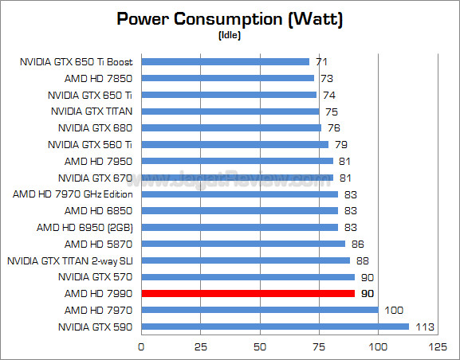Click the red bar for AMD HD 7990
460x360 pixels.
[x=248, y=293]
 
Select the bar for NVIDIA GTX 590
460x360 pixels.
[x=275, y=327]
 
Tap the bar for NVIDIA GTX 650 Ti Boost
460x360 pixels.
[x=226, y=61]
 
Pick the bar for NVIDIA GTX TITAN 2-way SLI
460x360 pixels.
[x=246, y=260]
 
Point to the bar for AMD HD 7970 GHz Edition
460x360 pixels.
[x=240, y=194]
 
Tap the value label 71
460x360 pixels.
[x=320, y=61]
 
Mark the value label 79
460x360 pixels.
[x=340, y=144]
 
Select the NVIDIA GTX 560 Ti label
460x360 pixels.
[x=90, y=144]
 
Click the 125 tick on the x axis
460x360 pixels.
[x=436, y=346]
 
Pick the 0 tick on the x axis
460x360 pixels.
[x=142, y=346]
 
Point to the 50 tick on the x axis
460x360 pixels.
[x=260, y=346]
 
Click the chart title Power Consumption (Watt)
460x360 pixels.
[x=230, y=19]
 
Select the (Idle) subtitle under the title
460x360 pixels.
[x=230, y=36]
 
